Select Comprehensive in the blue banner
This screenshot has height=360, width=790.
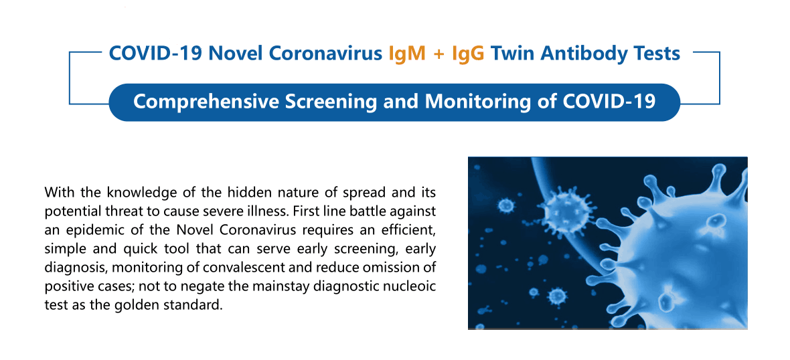click(x=206, y=102)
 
